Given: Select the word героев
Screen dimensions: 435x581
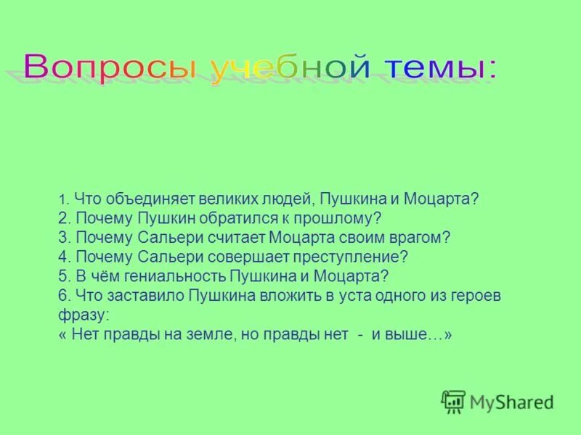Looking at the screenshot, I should tap(476, 295).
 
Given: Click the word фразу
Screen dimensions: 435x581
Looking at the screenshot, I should tap(83, 315).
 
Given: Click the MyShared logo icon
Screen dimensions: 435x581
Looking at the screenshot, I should tap(453, 402).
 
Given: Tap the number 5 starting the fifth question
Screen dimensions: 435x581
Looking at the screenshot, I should tap(62, 275).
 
